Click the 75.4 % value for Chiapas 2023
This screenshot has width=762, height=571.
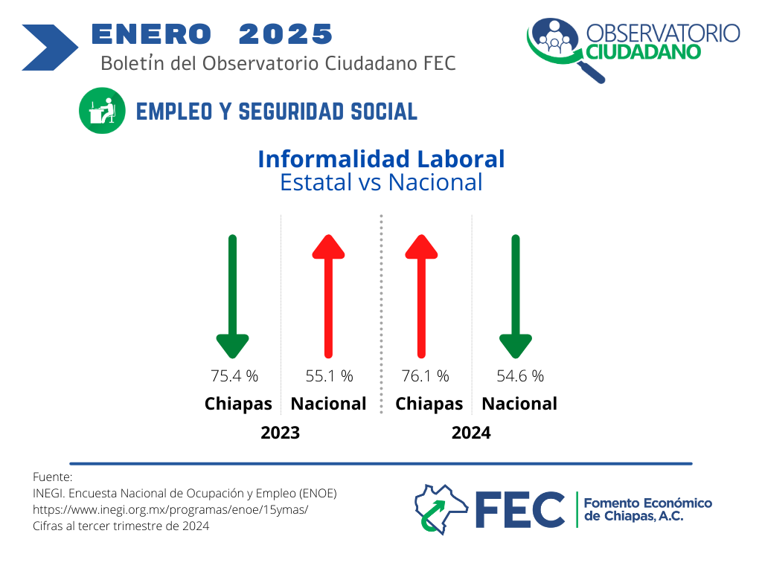pyautogui.click(x=234, y=375)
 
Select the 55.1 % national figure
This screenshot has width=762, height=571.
pyautogui.click(x=329, y=375)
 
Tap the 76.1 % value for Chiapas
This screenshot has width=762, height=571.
pyautogui.click(x=425, y=375)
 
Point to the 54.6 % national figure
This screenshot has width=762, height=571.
pyautogui.click(x=520, y=375)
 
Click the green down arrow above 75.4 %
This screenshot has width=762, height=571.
pyautogui.click(x=233, y=297)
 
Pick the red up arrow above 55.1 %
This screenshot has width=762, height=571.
pyautogui.click(x=328, y=296)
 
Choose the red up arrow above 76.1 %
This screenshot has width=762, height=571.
pyautogui.click(x=421, y=296)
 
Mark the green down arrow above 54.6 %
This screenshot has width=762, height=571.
pyautogui.click(x=516, y=297)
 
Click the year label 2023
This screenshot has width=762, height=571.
pyautogui.click(x=280, y=433)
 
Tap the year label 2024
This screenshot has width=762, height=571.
pyautogui.click(x=471, y=433)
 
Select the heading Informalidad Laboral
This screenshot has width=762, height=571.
pyautogui.click(x=382, y=159)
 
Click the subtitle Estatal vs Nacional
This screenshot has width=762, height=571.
pyautogui.click(x=382, y=183)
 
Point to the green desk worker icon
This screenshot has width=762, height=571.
pyautogui.click(x=102, y=111)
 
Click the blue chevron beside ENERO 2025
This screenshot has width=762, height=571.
pyautogui.click(x=50, y=48)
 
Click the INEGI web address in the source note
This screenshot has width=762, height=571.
pyautogui.click(x=170, y=510)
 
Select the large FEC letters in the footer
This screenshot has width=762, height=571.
pyautogui.click(x=519, y=509)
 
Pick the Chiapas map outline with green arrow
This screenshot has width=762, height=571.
pyautogui.click(x=441, y=509)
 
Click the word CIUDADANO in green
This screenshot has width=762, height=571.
pyautogui.click(x=643, y=52)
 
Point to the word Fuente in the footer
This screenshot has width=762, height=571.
pyautogui.click(x=52, y=477)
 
